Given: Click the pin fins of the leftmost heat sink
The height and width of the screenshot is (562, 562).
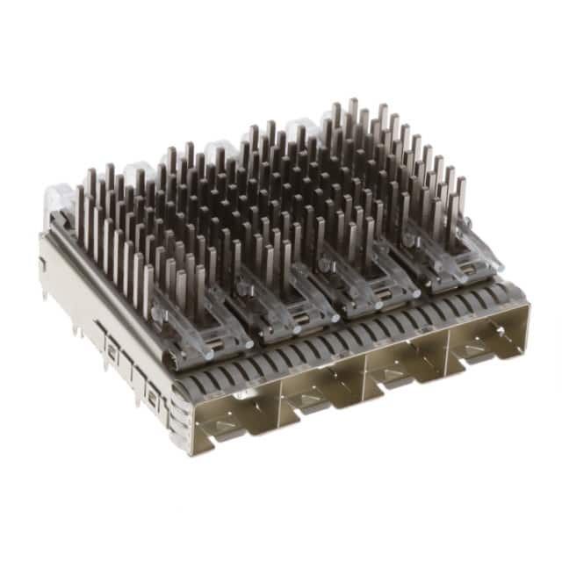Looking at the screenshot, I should (123, 228).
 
